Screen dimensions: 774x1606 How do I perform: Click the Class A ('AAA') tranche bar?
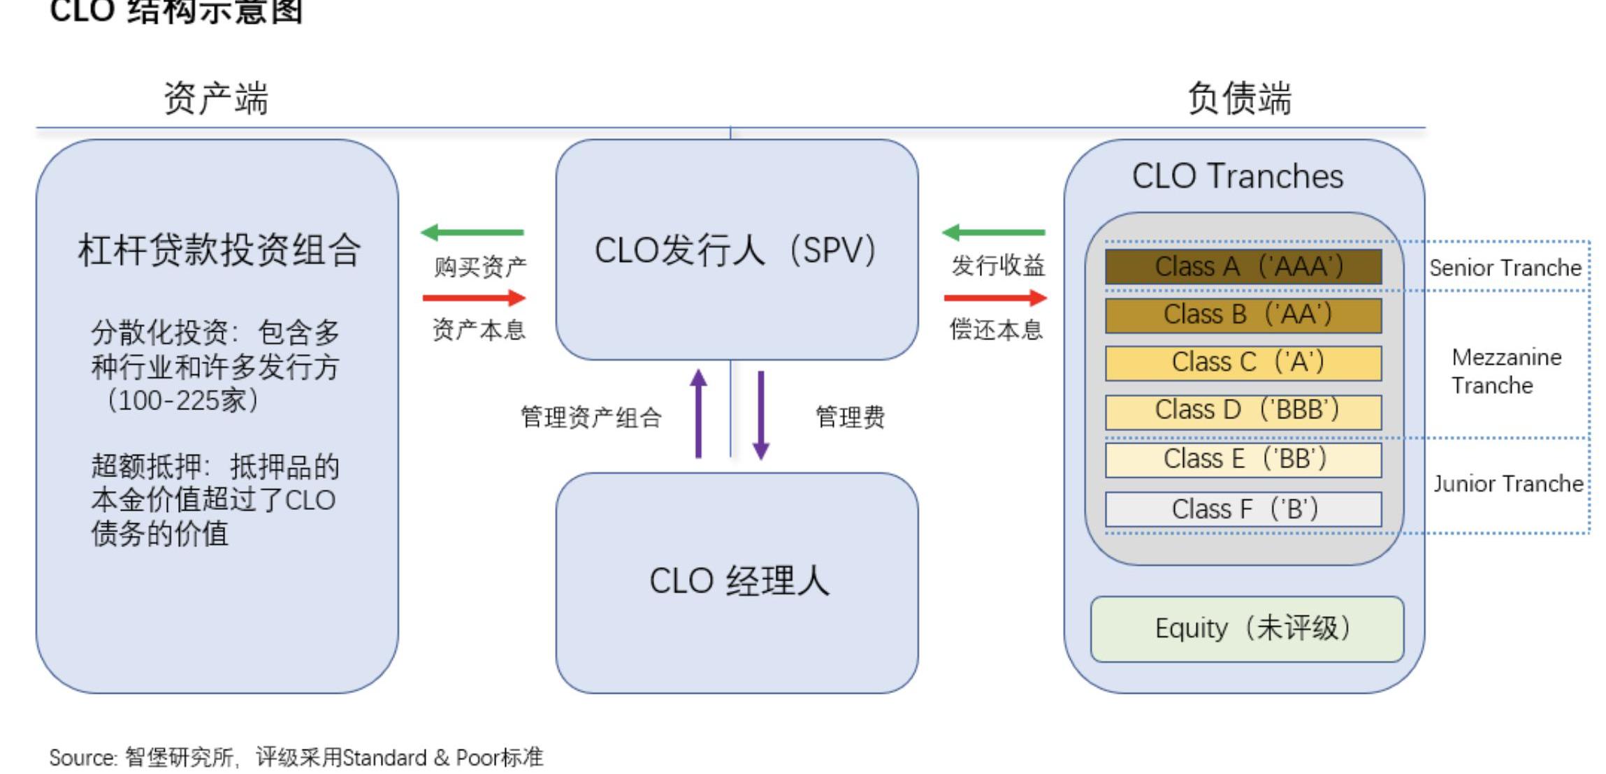pos(1243,267)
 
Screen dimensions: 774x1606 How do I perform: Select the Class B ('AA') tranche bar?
pos(1243,315)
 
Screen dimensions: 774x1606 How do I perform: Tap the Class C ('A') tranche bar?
pos(1243,363)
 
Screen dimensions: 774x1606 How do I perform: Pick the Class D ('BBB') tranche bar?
pos(1243,411)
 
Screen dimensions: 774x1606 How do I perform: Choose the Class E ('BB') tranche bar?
pos(1243,460)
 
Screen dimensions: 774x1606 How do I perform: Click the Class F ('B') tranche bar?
pos(1243,509)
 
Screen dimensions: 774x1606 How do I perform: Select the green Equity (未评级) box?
pos(1247,629)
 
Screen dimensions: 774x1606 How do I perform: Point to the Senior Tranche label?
pos(1505,268)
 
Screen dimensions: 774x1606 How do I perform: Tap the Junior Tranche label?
pos(1508,483)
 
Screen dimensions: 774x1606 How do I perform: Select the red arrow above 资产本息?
pos(474,298)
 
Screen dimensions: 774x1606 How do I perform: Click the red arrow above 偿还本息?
pos(995,298)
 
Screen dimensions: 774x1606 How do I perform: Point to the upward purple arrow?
pos(698,413)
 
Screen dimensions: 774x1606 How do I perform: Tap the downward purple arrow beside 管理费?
pos(761,415)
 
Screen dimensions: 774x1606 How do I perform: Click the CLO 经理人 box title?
pos(739,580)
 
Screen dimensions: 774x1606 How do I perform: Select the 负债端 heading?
pos(1239,98)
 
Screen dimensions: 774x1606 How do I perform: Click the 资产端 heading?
pos(215,98)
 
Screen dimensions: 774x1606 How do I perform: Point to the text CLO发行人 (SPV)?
pos(735,250)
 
